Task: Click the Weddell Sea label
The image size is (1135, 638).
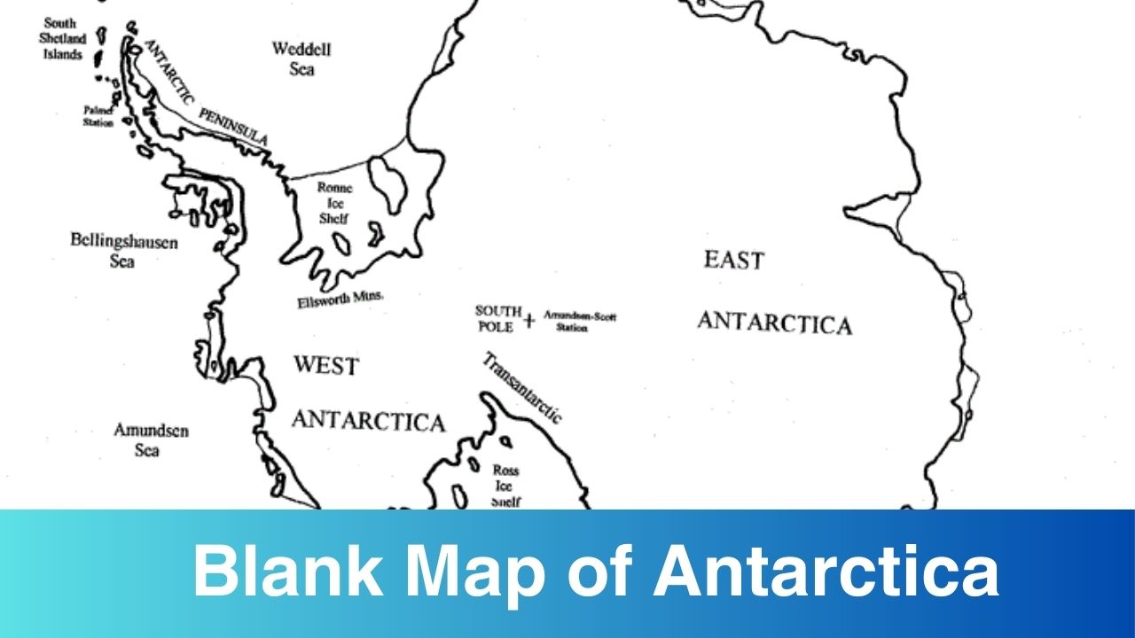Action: pyautogui.click(x=301, y=58)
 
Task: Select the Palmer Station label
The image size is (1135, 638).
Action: pyautogui.click(x=98, y=116)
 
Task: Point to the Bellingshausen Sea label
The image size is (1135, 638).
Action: pyautogui.click(x=123, y=250)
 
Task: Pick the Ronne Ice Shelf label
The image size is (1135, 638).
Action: pyautogui.click(x=334, y=203)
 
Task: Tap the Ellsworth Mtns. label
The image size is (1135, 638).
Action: pyautogui.click(x=340, y=300)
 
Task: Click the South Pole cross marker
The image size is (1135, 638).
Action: pyautogui.click(x=529, y=321)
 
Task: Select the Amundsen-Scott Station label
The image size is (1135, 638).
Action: pyautogui.click(x=579, y=320)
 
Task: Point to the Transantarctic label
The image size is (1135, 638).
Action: pyautogui.click(x=522, y=387)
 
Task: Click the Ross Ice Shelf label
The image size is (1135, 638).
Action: pyautogui.click(x=505, y=486)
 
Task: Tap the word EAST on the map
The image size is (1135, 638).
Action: pyautogui.click(x=733, y=261)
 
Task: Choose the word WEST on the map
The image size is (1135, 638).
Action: pyautogui.click(x=325, y=365)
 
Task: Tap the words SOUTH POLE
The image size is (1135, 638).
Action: pyautogui.click(x=497, y=318)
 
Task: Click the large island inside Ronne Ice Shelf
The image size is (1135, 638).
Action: pyautogui.click(x=388, y=183)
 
